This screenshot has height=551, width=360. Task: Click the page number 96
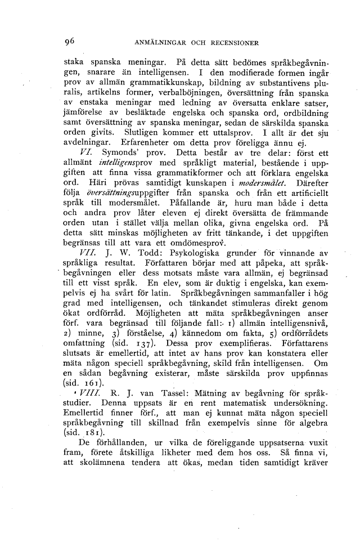click(x=70, y=41)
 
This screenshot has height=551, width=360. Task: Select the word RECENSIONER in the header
click(x=235, y=42)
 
